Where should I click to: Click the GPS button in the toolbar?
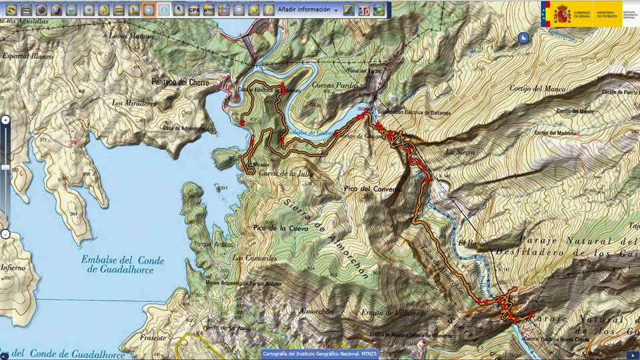[193, 10]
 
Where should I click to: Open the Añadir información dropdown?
[307, 10]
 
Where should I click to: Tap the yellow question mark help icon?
[268, 10]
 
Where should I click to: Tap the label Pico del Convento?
[374, 189]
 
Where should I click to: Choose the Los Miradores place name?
[134, 103]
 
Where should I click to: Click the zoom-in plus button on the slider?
[5, 119]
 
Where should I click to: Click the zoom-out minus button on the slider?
[5, 234]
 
